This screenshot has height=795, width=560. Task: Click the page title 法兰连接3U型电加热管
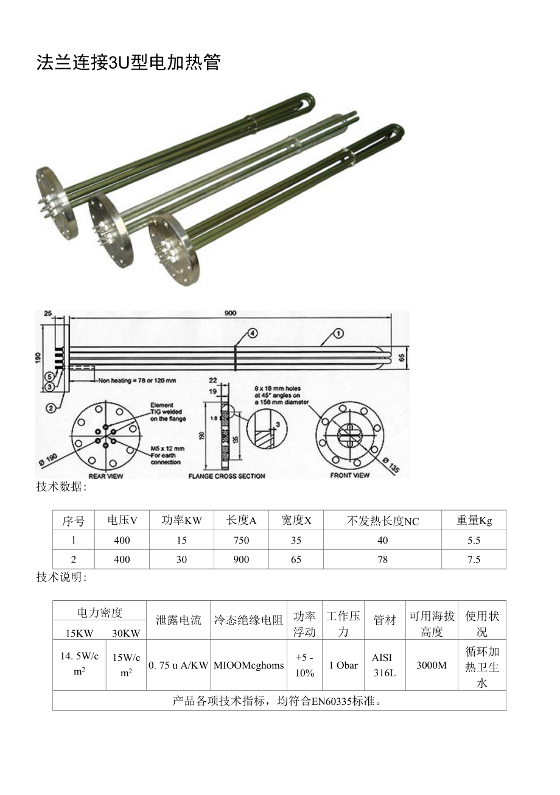point(128,62)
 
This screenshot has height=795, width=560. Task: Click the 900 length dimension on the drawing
point(229,313)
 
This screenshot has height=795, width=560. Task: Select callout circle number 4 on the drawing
point(253,333)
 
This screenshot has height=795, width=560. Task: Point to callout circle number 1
point(338,333)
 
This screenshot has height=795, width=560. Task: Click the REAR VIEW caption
point(106,475)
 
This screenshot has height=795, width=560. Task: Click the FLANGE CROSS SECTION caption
point(226,475)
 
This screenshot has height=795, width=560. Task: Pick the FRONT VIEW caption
point(350,475)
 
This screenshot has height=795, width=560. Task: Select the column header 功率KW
point(181,520)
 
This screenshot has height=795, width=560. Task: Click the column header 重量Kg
point(474,520)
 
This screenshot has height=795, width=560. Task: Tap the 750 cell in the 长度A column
point(241,540)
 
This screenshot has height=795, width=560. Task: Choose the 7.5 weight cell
point(474,559)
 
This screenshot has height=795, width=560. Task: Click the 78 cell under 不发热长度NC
point(382,559)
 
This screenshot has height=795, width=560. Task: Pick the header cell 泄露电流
point(178,620)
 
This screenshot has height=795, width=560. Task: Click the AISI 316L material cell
point(383,665)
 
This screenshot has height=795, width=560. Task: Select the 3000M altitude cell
point(432,665)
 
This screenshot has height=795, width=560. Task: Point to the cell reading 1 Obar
point(343,665)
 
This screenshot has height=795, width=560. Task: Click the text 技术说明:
point(61,577)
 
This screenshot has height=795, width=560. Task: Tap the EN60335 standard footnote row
point(279,701)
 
